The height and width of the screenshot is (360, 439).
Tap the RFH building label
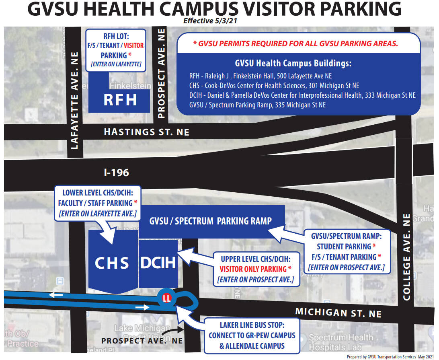(x=120, y=100)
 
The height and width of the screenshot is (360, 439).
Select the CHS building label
(x=112, y=263)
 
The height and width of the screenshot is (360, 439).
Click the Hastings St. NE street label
(x=146, y=132)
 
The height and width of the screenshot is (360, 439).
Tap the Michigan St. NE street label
(x=338, y=312)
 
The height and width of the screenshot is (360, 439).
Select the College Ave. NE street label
(x=406, y=257)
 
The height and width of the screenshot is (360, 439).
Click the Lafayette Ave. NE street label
(x=74, y=100)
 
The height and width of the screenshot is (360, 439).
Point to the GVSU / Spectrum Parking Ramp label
(x=210, y=221)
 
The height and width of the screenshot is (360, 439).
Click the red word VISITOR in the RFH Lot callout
(x=133, y=45)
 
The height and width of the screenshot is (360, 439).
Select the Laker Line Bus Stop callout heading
(x=252, y=325)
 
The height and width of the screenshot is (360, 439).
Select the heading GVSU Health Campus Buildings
(x=293, y=64)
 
